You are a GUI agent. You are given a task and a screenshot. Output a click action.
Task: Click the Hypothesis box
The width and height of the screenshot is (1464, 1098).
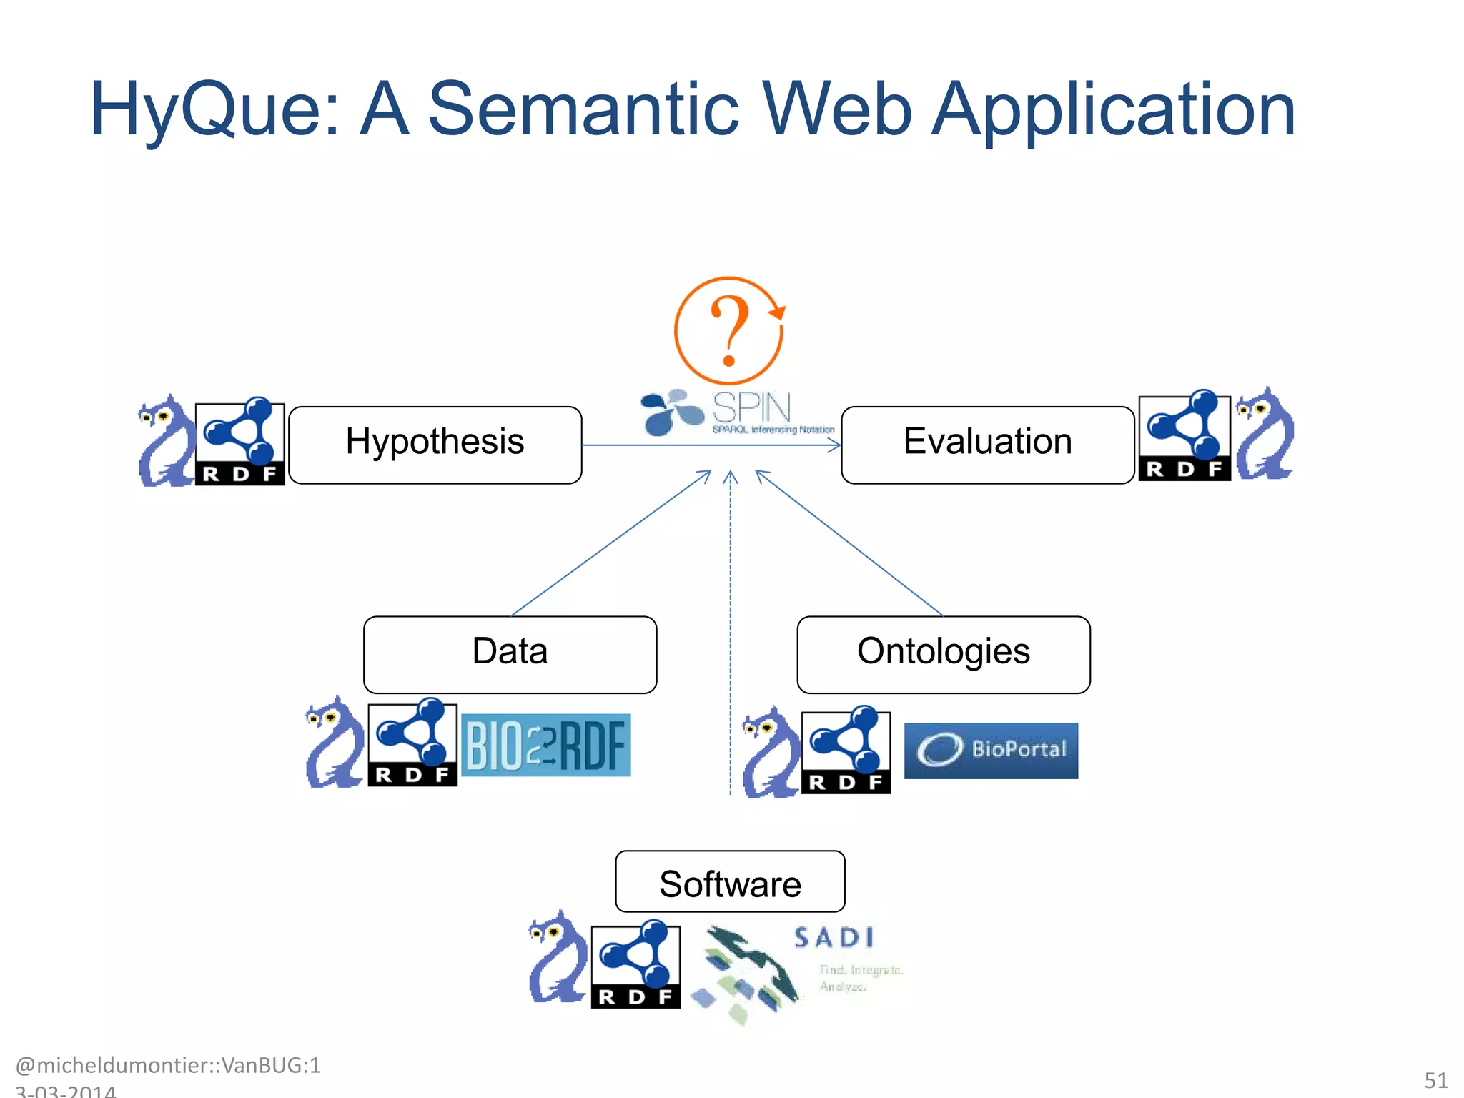click(435, 445)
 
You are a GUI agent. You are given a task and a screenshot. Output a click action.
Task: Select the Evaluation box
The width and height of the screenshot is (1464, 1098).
click(987, 445)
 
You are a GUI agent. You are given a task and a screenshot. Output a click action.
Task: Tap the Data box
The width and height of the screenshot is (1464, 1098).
click(510, 654)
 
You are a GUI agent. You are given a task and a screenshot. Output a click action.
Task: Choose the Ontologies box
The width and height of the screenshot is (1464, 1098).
click(943, 654)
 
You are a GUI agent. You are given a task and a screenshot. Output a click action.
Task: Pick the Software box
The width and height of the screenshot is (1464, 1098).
click(730, 881)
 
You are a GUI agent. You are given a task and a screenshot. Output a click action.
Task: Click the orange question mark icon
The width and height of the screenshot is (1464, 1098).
click(728, 331)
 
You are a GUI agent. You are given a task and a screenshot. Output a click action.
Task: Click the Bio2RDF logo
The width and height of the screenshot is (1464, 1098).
click(546, 745)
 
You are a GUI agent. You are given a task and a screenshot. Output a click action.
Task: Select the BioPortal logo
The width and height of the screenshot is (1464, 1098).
click(991, 750)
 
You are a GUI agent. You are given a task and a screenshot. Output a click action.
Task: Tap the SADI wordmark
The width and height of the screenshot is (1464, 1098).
click(834, 938)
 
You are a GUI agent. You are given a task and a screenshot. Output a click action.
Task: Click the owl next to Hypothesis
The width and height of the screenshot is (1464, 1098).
click(166, 441)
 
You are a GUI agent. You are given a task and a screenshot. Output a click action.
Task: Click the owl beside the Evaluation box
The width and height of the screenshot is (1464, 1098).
click(1265, 434)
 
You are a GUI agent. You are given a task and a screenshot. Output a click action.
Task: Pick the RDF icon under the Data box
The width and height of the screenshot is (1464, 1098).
click(412, 743)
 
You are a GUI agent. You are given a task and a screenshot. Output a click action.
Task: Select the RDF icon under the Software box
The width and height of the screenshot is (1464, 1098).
click(635, 965)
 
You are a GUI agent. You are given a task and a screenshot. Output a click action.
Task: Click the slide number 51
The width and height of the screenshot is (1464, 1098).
click(1435, 1079)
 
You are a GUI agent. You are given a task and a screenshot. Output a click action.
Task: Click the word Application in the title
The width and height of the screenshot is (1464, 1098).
click(1113, 109)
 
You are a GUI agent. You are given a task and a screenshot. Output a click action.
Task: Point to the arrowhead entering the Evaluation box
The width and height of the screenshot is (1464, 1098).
click(834, 445)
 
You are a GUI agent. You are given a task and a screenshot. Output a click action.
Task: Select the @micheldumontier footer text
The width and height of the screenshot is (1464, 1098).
click(167, 1065)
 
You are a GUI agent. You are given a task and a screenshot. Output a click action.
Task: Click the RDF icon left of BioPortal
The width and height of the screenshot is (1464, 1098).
click(846, 752)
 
